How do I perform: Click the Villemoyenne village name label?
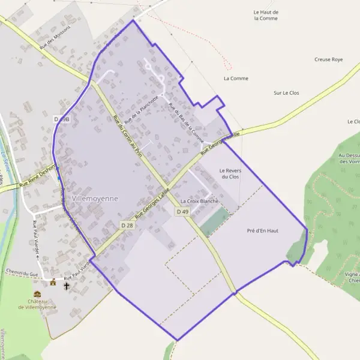(x=95, y=198)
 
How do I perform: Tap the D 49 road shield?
(x=182, y=212)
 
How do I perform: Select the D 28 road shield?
(x=127, y=225)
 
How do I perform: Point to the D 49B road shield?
(x=62, y=119)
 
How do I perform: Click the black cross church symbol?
(x=67, y=286)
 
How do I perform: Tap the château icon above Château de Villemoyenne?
(x=37, y=294)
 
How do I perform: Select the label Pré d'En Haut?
(x=263, y=230)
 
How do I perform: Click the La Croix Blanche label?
(x=199, y=201)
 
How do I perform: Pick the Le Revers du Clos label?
(x=230, y=173)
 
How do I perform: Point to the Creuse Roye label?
(x=328, y=59)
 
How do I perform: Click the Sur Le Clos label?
(x=286, y=93)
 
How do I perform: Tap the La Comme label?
(x=236, y=78)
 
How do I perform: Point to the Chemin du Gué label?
(x=22, y=273)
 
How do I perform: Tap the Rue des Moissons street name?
(x=55, y=36)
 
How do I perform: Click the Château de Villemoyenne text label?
(x=37, y=304)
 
